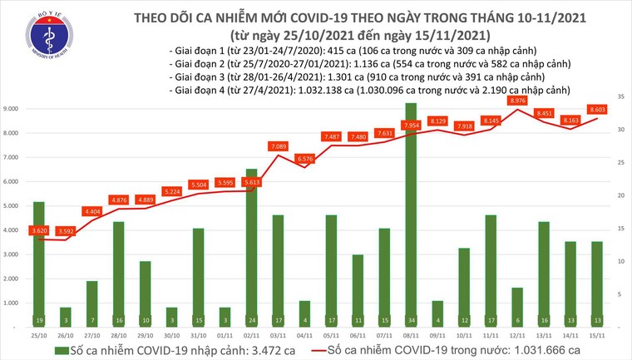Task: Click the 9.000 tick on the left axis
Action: pyautogui.click(x=12, y=108)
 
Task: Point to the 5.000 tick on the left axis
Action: pyautogui.click(x=12, y=206)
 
